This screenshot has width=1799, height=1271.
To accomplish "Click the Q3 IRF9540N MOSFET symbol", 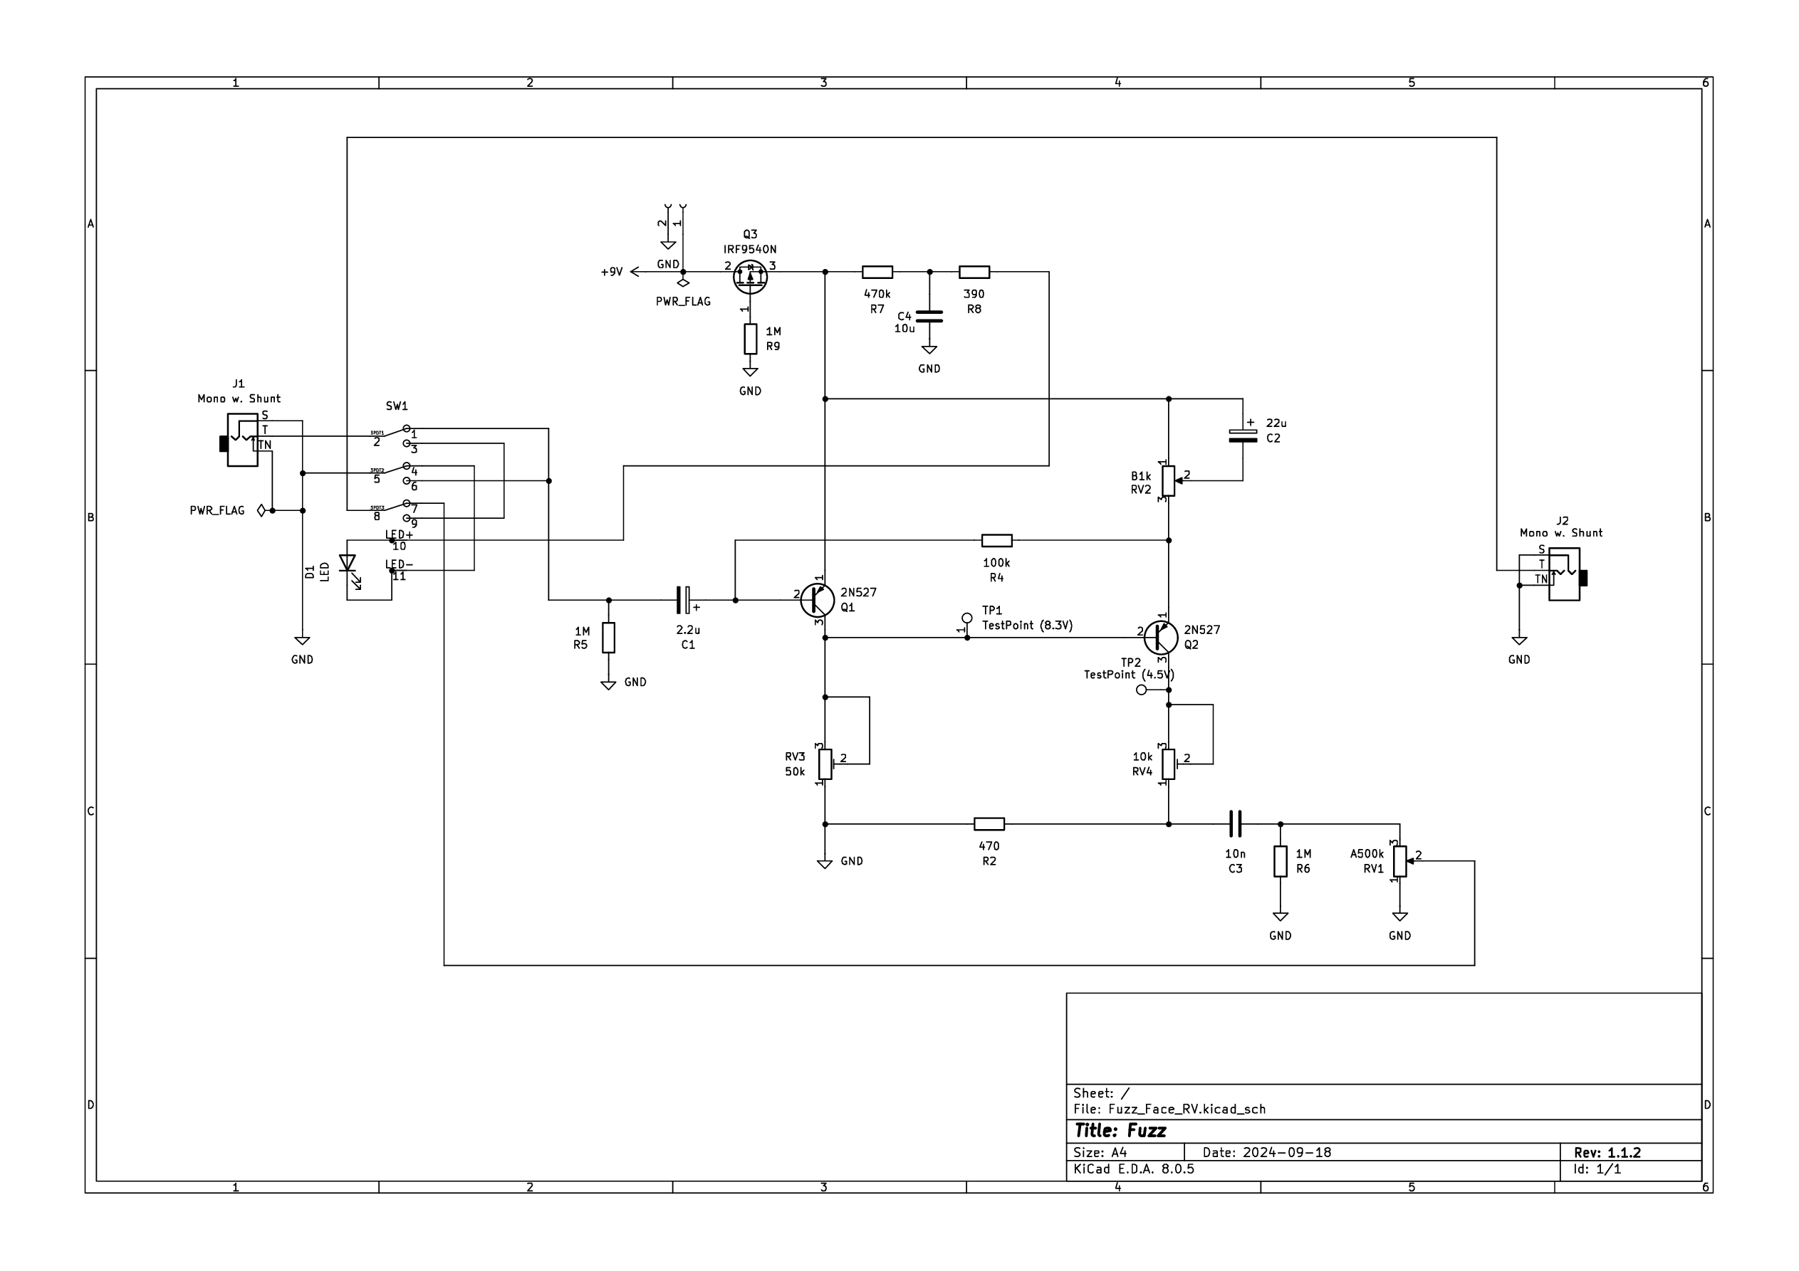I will [x=750, y=276].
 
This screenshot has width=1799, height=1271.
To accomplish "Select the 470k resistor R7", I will [x=877, y=272].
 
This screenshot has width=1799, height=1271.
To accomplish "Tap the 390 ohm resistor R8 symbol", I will [x=974, y=272].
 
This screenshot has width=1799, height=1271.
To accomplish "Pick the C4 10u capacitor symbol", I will [x=929, y=317].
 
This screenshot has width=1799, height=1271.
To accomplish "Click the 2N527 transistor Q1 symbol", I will [x=817, y=601].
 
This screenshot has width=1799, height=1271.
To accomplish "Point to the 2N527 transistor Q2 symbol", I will [x=1160, y=638].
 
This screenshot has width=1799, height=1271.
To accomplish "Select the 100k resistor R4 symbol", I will [x=996, y=540].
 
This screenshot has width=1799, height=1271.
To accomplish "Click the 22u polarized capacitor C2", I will [x=1243, y=436].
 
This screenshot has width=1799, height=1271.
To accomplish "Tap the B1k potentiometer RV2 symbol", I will [x=1168, y=481].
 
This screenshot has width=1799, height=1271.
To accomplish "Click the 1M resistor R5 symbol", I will [x=609, y=638].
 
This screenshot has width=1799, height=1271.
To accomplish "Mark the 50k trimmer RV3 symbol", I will [x=825, y=764].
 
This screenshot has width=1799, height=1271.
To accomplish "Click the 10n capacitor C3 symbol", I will [x=1235, y=824].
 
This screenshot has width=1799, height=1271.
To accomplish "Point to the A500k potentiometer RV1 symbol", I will [x=1399, y=861].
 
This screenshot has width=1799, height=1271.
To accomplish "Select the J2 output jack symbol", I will [x=1564, y=574].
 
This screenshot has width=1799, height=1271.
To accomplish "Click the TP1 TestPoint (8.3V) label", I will [x=1026, y=625].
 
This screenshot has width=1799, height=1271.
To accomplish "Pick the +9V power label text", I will [x=611, y=272].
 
